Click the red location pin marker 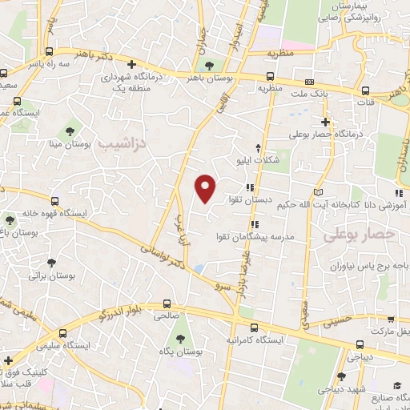coord(206,187)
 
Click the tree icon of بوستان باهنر coord(210,66)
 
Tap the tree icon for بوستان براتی coord(52,262)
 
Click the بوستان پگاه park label coord(179,351)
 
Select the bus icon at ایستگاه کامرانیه coord(254,328)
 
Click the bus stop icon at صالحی coord(167,304)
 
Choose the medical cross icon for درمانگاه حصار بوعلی coord(324,122)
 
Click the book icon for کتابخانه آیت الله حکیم coord(320,192)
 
